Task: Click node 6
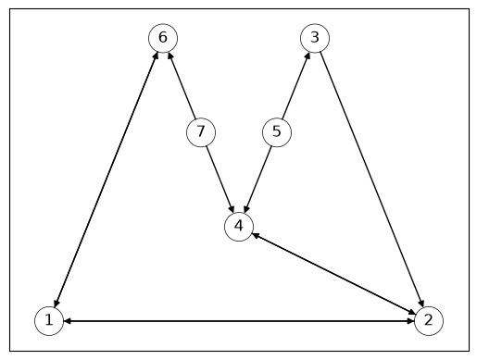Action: coord(163,38)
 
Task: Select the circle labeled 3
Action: coord(315,38)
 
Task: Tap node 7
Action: coord(201,132)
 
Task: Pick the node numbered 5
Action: coord(277,132)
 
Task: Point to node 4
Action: coord(239,227)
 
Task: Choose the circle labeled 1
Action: coord(49,321)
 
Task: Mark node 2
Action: coord(429,321)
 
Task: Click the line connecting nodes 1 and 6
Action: coord(106,180)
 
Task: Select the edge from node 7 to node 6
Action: coord(182,85)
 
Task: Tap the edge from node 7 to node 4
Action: coord(220,180)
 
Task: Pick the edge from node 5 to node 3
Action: coord(296,85)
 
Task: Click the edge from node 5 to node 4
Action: coord(257,180)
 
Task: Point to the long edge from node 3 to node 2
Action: coord(371,180)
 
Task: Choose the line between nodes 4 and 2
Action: coord(333,274)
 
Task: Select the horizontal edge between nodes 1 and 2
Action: coord(239,321)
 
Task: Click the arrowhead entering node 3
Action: coord(308,56)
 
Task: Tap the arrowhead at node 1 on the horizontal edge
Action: coord(68,321)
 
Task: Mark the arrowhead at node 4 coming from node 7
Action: coord(232,209)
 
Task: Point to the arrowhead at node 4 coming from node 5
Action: coord(246,209)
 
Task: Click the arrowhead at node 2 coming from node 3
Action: coord(421,304)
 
